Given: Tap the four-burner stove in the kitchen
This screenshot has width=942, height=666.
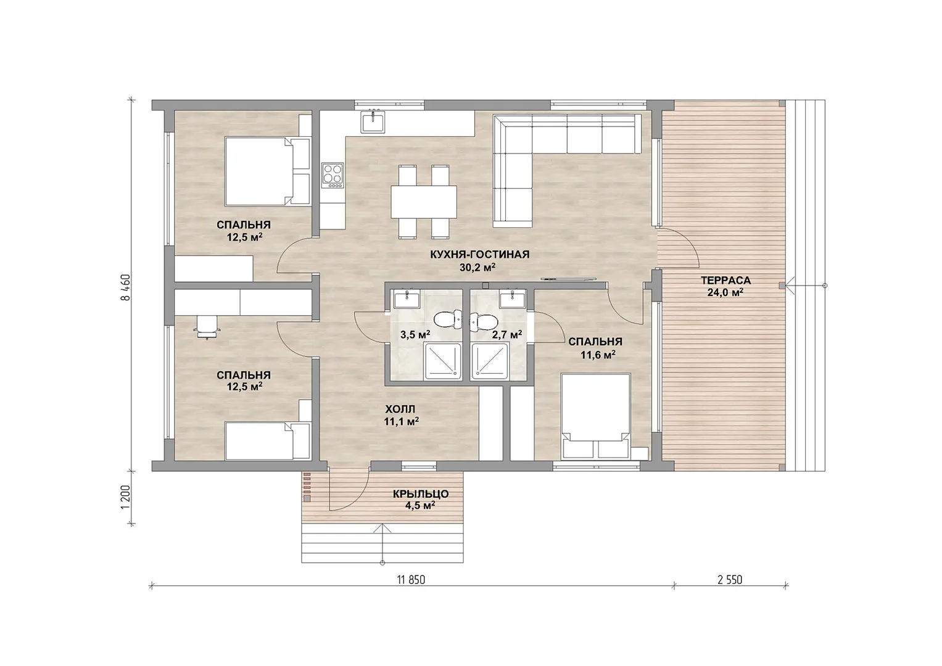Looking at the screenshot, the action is [x=333, y=175].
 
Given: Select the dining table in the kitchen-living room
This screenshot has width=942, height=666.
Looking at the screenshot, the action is [x=424, y=202].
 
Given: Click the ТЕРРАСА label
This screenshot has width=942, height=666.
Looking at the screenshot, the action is [x=725, y=281].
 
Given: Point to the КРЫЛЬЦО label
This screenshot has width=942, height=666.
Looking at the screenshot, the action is [x=421, y=494].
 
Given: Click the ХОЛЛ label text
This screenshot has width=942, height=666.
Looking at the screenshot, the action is [x=400, y=409].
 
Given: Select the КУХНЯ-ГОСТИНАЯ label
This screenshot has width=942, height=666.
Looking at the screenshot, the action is [x=479, y=254].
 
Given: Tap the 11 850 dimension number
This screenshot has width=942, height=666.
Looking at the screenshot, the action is [x=411, y=580].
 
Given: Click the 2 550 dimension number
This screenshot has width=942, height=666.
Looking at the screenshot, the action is [x=730, y=580].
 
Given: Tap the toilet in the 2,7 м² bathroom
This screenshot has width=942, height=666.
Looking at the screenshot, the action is [x=484, y=322].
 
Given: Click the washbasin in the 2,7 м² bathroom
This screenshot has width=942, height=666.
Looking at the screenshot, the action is [x=512, y=299].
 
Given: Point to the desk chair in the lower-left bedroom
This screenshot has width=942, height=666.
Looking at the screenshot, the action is [x=207, y=327].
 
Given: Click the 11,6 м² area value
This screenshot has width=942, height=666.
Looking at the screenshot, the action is [x=598, y=355].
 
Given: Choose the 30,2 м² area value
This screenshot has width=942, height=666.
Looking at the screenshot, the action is [x=477, y=268].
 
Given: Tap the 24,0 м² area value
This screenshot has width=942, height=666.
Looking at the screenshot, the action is [x=725, y=292].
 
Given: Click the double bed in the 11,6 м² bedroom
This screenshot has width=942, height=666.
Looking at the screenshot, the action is [x=595, y=416].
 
